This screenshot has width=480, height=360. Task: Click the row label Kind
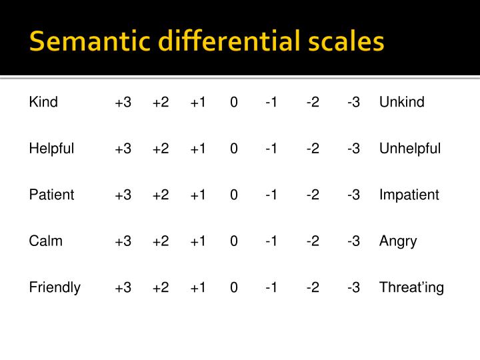[43, 102]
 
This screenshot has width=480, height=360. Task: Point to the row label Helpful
[51, 148]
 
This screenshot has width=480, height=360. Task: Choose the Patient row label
[51, 195]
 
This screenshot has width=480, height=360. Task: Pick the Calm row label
[45, 241]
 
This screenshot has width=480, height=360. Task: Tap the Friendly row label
[55, 287]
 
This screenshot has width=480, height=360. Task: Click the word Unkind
[401, 102]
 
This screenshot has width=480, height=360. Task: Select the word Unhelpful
[410, 148]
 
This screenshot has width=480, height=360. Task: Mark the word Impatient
[409, 195]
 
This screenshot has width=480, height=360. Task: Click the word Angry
[398, 241]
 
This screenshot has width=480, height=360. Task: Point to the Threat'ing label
[411, 287]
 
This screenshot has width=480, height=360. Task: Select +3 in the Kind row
[123, 103]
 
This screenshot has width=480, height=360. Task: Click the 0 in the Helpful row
[234, 149]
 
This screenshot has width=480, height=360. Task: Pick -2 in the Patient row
[313, 195]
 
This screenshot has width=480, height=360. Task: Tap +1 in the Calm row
[198, 241]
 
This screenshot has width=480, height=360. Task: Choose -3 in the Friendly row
[353, 288]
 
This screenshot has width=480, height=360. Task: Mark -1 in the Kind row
[271, 103]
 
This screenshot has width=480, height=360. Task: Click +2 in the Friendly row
[161, 288]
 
